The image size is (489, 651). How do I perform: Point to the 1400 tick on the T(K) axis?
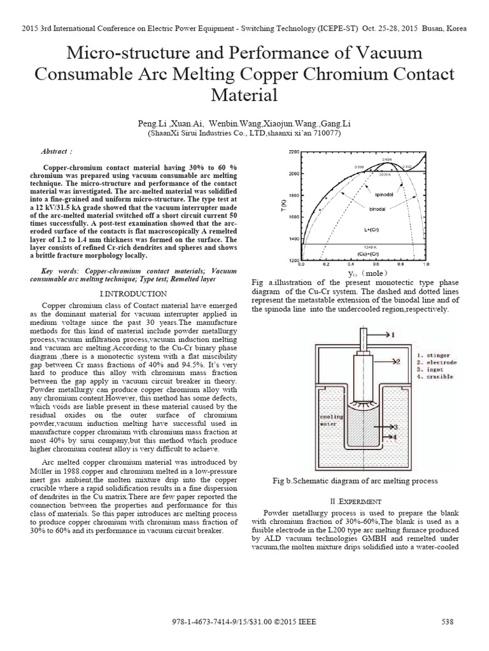pos(293,238)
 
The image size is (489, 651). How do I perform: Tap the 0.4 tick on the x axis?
pos(351,264)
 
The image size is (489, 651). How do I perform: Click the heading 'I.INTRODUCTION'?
pos(134,294)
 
